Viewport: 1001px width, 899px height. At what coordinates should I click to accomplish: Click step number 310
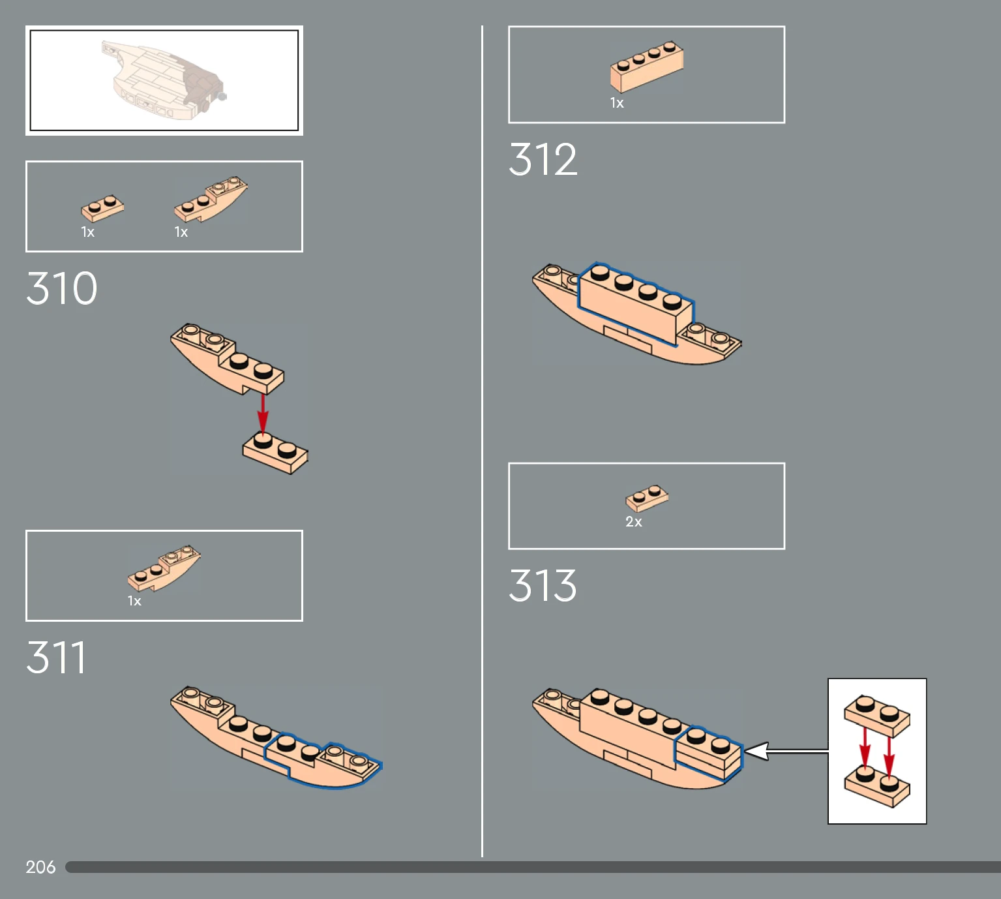62,288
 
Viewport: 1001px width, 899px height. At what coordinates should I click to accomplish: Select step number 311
56,657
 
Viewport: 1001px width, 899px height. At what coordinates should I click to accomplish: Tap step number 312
543,159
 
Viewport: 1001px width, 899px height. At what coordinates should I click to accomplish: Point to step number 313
543,585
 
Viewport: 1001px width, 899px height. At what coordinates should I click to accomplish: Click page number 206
40,867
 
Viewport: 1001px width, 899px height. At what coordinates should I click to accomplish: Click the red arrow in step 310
263,414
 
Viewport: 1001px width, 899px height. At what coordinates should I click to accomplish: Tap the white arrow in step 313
786,751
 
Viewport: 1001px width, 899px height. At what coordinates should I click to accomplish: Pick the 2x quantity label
634,521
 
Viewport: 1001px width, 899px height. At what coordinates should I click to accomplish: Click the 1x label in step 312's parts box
617,103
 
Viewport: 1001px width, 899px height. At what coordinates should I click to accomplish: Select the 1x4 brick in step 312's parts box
647,67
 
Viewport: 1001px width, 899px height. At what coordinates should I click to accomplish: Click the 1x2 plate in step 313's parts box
647,498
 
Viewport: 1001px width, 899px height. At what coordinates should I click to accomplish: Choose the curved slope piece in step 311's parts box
164,568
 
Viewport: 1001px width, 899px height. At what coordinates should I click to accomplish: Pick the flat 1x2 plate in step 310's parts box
102,209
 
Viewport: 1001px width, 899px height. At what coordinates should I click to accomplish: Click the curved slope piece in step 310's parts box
211,198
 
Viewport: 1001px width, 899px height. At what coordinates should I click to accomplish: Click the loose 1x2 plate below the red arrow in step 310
275,452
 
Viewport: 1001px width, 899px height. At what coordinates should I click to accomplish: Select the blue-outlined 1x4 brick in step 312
636,303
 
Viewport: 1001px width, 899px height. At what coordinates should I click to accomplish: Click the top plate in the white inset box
877,716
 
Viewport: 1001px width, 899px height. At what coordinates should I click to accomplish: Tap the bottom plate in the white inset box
877,786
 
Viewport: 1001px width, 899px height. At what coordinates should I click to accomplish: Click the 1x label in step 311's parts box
134,601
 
